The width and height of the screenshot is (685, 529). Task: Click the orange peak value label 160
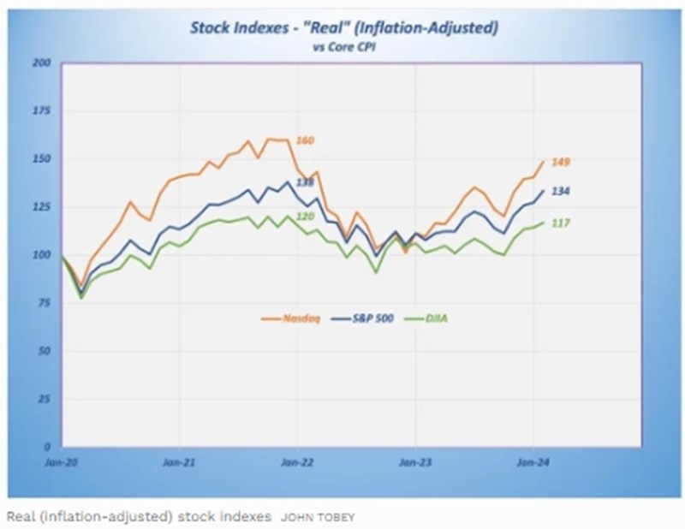(305, 140)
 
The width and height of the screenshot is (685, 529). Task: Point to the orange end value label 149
(561, 163)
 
